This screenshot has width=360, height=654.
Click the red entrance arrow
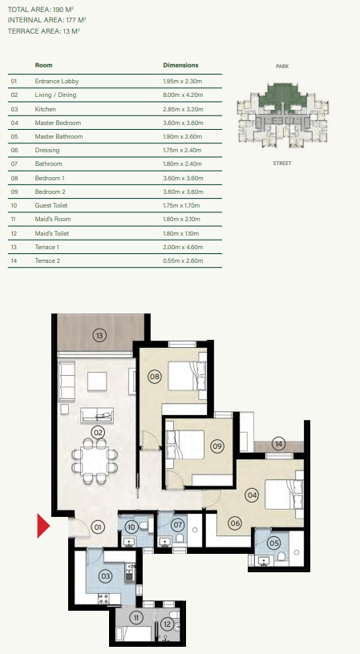point(43,526)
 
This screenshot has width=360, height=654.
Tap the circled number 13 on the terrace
point(99,335)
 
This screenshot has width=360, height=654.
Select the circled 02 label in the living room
point(98,433)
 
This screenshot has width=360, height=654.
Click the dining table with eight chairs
point(95,461)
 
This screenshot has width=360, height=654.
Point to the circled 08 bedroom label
point(155,377)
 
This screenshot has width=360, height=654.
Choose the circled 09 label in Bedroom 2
point(217,446)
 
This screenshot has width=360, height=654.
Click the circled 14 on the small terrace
point(279,444)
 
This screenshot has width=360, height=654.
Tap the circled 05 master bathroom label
point(274,543)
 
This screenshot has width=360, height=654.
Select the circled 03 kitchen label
point(106,576)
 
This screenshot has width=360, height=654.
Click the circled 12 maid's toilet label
point(168,624)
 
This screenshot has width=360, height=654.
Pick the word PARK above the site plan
point(282,67)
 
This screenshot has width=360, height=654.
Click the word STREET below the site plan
point(282,163)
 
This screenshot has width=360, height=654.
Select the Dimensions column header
point(180,65)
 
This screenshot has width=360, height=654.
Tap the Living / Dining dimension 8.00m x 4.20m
point(183,95)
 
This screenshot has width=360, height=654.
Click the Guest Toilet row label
point(51,206)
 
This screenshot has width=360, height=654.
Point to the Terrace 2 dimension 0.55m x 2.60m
point(183,261)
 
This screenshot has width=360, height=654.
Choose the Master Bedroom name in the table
point(58,123)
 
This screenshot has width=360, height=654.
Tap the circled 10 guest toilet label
point(131,527)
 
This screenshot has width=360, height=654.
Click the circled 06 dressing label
point(235,523)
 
